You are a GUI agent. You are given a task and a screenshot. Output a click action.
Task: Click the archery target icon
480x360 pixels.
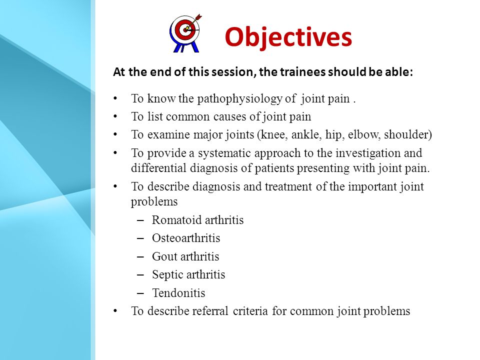click(185, 33)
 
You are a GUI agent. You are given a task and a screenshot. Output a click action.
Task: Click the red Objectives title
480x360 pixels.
click(288, 37)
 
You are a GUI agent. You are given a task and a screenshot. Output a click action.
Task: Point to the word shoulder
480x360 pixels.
click(406, 134)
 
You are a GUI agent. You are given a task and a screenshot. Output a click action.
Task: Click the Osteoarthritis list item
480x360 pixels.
click(186, 238)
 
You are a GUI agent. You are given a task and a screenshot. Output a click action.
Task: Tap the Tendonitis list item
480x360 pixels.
click(179, 293)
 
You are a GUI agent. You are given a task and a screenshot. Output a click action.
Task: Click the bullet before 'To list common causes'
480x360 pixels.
click(115, 117)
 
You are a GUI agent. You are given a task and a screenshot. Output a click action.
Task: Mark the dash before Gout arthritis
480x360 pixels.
click(140, 256)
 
